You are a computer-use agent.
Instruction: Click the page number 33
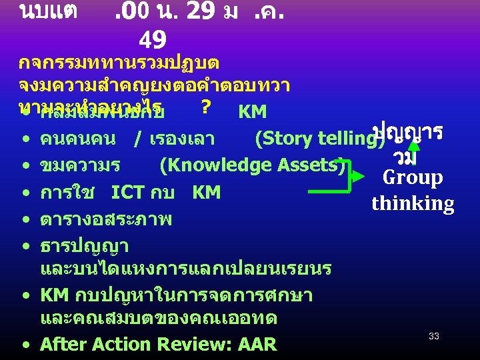[x=434, y=337]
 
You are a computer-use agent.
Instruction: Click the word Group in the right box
[x=413, y=177]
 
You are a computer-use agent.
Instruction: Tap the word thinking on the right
[x=413, y=203]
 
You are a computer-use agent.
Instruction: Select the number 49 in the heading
[x=153, y=41]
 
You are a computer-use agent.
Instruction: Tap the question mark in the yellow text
[x=205, y=107]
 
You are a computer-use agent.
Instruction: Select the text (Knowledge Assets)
[x=252, y=165]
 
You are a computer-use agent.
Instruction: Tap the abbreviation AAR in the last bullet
[x=257, y=344]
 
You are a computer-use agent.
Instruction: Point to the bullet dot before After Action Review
[x=24, y=345]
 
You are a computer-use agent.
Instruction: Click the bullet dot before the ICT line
[x=24, y=193]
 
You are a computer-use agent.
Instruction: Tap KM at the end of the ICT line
[x=206, y=193]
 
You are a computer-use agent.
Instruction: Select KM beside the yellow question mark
[x=252, y=111]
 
